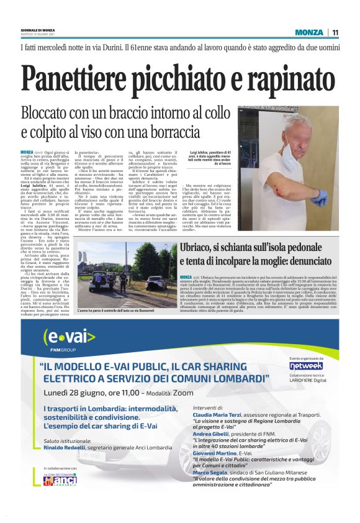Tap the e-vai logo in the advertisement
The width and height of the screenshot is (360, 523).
click(x=70, y=337)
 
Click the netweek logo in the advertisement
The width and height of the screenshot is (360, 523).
click(x=307, y=365)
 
